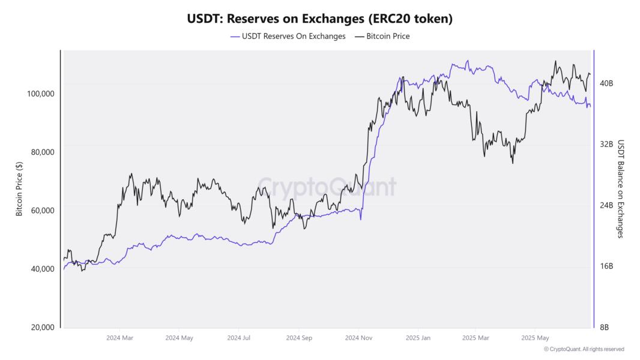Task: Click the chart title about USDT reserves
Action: click(x=319, y=19)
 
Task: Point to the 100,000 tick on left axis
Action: click(x=41, y=94)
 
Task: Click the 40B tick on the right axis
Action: click(x=606, y=83)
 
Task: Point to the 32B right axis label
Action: click(x=606, y=145)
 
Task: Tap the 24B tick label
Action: click(x=606, y=205)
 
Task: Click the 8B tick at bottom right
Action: click(x=605, y=328)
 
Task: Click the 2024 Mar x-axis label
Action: click(x=119, y=338)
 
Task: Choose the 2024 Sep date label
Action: click(x=299, y=338)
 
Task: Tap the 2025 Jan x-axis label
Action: click(x=418, y=338)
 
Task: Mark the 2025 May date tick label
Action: click(x=535, y=338)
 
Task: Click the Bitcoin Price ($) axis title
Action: click(x=19, y=189)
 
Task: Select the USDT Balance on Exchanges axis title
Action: click(x=621, y=189)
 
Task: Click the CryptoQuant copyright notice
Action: click(x=584, y=349)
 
